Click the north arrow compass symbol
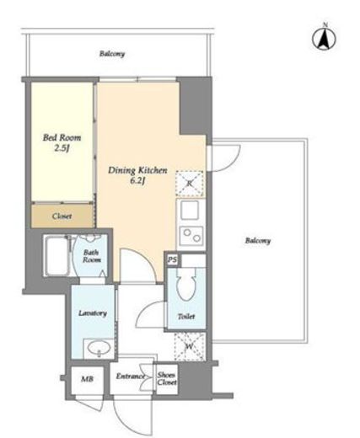pos(324,38)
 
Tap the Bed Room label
pos(62,137)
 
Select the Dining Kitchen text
pos(137,170)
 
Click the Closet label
pos(62,216)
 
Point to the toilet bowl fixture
pos(185,284)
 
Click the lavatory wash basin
pos(99,348)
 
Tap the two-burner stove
pos(191,235)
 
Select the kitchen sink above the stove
pos(190,210)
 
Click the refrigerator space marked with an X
pos(190,184)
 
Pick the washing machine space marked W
pos(190,346)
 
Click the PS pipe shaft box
pos(172,259)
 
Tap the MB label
pos(87,379)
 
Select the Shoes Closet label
pos(167,378)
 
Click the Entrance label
pos(131,377)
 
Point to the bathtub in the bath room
pos(57,255)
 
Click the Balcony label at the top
pos(112,53)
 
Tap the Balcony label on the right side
pos(258,241)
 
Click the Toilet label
pos(186,317)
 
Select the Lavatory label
pos(93,313)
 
